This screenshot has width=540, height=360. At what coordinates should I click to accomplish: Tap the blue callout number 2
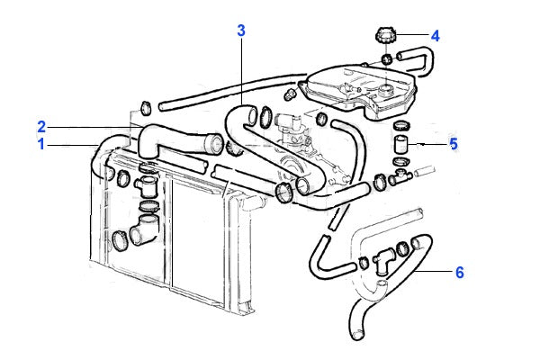point(41,125)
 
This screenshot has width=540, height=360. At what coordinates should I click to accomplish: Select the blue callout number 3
point(241,30)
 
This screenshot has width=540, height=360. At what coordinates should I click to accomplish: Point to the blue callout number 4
point(435,37)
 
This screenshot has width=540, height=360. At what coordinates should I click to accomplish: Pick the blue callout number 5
point(454,143)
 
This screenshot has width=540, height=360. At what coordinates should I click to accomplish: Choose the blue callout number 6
point(459,273)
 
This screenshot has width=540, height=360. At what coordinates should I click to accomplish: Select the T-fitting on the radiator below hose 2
point(146,185)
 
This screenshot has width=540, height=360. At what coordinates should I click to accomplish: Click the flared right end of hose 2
point(212,144)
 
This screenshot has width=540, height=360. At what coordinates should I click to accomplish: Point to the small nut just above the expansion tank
point(289,93)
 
